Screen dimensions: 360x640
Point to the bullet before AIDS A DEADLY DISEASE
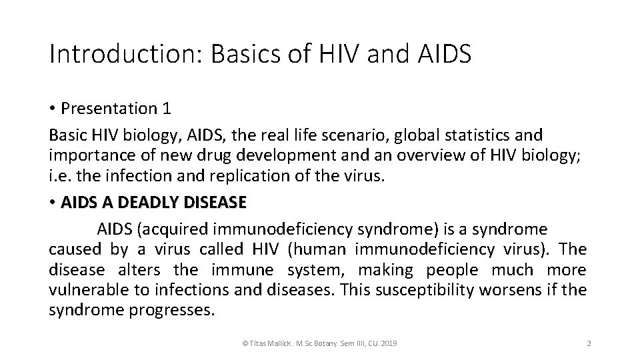[53, 202]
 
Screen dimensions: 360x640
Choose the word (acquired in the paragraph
[172, 230]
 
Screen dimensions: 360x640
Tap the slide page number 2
[588, 343]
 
